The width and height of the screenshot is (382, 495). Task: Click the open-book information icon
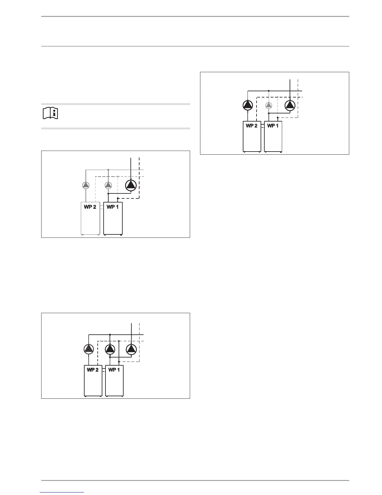click(x=50, y=113)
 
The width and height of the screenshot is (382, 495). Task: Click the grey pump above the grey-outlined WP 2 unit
click(x=86, y=185)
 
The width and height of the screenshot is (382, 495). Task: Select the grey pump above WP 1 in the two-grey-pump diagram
click(x=108, y=185)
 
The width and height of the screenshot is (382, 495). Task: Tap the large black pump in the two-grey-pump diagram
click(x=131, y=185)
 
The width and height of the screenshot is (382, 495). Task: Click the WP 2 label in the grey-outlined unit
click(x=90, y=207)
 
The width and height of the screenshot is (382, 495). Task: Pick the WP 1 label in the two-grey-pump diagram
click(x=113, y=207)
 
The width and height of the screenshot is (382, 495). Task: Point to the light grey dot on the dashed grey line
click(x=118, y=177)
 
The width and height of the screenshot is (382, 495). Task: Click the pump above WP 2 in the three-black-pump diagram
click(x=89, y=349)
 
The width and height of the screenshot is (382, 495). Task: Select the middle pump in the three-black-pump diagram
click(x=110, y=349)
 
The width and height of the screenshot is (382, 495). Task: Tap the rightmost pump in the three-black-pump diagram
click(x=131, y=349)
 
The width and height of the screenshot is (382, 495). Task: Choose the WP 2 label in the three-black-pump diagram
click(x=93, y=370)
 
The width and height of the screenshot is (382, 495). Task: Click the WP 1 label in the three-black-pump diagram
click(x=114, y=370)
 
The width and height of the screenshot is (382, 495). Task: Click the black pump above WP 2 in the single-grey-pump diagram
click(x=247, y=105)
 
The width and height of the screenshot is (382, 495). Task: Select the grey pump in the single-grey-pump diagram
click(x=269, y=105)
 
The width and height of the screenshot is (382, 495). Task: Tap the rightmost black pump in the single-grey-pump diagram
click(x=290, y=105)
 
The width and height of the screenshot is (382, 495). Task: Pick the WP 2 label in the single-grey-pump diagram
click(x=252, y=126)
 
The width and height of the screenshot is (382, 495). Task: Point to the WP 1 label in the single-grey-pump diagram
click(x=273, y=126)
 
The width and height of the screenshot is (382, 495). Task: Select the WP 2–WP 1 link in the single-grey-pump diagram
click(x=262, y=126)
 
